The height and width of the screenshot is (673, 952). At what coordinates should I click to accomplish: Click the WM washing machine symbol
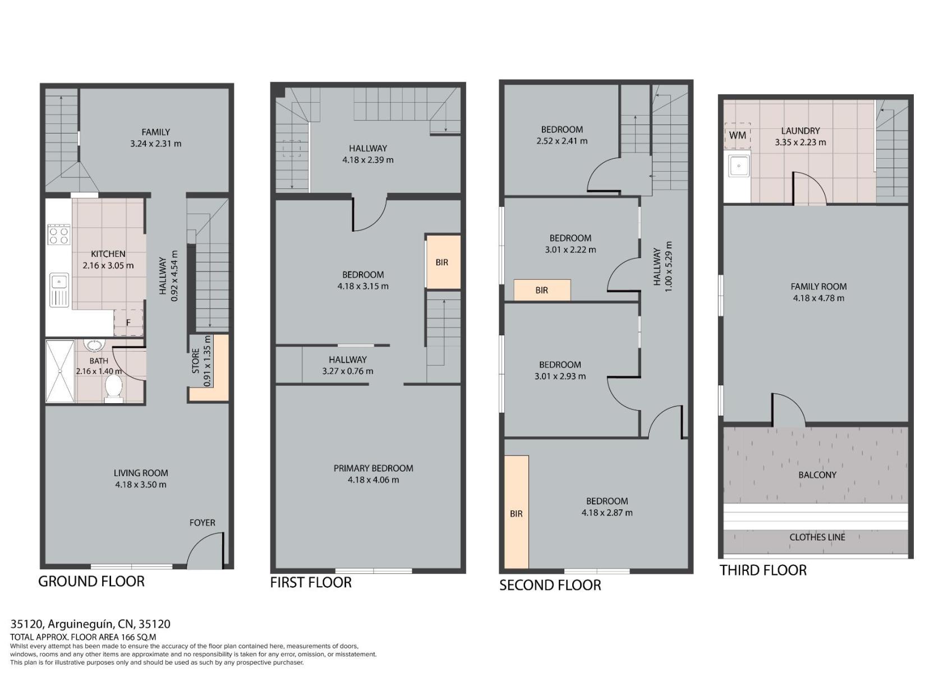pos(737,136)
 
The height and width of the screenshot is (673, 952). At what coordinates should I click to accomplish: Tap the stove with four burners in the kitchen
pos(59,235)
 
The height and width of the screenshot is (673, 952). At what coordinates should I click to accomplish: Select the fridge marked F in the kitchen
pos(128,322)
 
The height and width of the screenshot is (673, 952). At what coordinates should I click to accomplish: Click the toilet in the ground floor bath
pos(113,389)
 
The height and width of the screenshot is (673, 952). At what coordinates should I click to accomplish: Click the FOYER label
pos(203,523)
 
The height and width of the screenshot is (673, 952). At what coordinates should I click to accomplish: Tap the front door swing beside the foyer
pos(205,551)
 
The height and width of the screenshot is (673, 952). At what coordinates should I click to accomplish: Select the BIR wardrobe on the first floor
pos(443,262)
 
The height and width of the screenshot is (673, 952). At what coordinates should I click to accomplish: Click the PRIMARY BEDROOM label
pos(373,468)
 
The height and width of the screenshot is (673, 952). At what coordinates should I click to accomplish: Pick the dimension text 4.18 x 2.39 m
pos(368,160)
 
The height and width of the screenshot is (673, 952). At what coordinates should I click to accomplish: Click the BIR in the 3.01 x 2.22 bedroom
pos(542,290)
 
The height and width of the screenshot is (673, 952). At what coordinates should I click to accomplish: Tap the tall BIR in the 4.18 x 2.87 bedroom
pos(516,512)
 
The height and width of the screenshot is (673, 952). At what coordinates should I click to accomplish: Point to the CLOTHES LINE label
pos(817,537)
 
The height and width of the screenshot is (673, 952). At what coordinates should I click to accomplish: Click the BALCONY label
pos(817,474)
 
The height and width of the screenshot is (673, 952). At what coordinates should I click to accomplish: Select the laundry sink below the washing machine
pos(739,165)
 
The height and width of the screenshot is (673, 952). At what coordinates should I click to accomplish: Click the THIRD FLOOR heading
pos(763,570)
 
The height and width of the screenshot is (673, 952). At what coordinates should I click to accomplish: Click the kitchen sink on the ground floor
pos(59,290)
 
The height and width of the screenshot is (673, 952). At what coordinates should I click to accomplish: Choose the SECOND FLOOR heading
pos(550,585)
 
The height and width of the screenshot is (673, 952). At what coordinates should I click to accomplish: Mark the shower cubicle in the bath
pos(60,371)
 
